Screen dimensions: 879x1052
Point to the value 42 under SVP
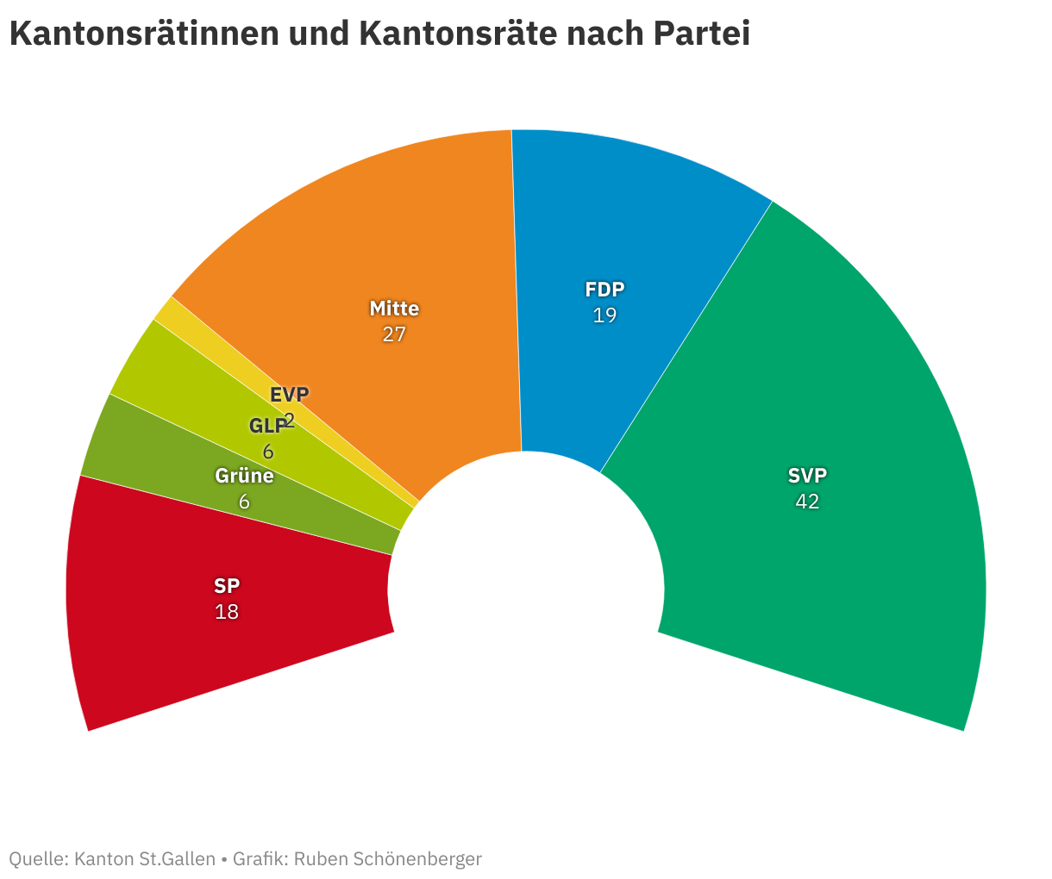[807, 502]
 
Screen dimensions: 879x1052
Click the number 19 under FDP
[604, 315]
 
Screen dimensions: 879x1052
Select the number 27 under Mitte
[394, 334]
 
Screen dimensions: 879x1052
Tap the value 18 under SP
[227, 612]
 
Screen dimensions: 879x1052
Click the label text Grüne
[244, 476]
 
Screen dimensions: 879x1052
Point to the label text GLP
[267, 426]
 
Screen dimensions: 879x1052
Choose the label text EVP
[289, 395]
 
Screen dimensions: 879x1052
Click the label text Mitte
[394, 309]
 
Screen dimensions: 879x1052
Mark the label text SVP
[807, 476]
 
